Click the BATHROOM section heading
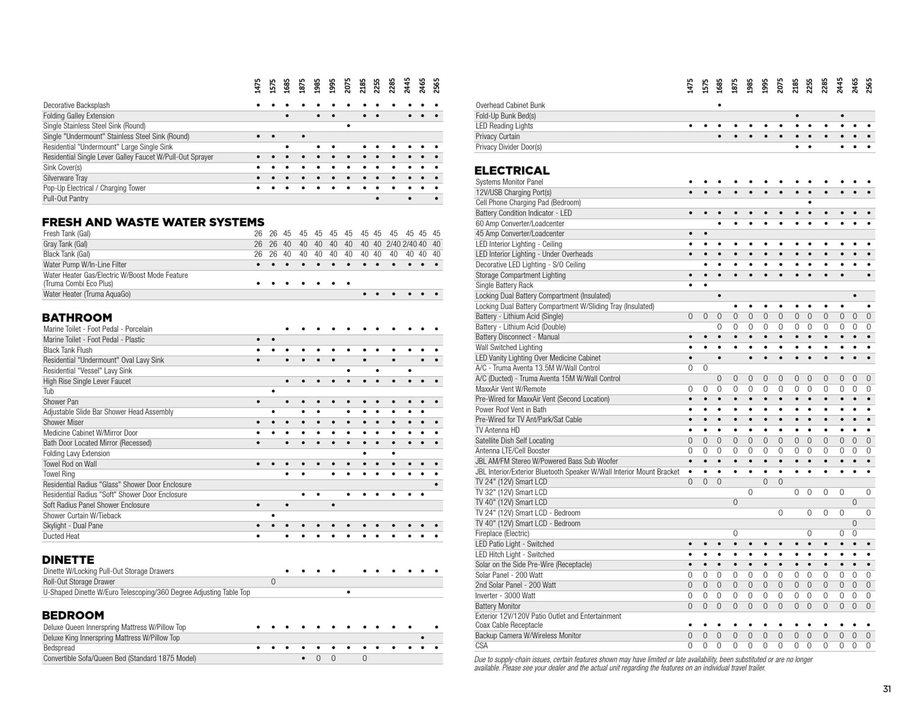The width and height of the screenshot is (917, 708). (x=77, y=318)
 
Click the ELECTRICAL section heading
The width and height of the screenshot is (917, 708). (x=512, y=171)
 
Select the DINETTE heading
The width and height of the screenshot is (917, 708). (x=68, y=560)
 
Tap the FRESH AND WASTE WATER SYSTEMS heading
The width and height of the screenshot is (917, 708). (x=153, y=222)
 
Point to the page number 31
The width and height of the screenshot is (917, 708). (x=886, y=689)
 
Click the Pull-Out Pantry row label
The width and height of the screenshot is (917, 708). (x=65, y=199)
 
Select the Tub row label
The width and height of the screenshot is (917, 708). (x=48, y=391)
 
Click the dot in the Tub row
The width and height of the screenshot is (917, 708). (x=273, y=391)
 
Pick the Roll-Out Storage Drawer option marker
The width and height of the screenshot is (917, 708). (x=273, y=582)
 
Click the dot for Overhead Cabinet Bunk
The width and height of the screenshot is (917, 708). (x=719, y=105)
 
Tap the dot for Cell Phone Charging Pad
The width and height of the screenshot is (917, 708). (x=809, y=203)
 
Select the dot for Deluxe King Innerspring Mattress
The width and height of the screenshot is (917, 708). (x=423, y=638)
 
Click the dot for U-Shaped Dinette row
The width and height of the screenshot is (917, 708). (x=348, y=592)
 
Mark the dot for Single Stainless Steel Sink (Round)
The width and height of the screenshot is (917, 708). (x=348, y=126)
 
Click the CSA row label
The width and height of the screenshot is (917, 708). (x=481, y=646)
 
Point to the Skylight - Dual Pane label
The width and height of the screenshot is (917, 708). (x=73, y=526)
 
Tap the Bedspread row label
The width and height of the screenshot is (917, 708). (x=59, y=648)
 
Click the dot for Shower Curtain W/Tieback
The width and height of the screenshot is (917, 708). (x=273, y=515)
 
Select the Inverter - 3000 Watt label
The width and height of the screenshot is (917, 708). (x=505, y=595)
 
